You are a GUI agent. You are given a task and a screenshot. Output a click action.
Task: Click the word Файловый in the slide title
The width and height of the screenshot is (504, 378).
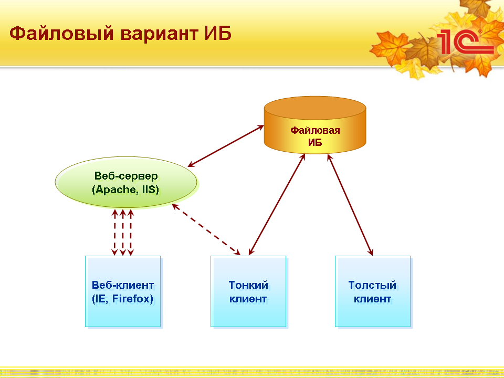[x=61, y=34]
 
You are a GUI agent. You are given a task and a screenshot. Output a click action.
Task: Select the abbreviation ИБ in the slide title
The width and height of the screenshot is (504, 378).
[x=218, y=33]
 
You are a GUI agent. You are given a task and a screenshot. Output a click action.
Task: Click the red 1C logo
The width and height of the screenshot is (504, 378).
[x=465, y=42]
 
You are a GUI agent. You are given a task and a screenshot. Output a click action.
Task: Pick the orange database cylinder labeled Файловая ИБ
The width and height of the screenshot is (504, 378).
[x=315, y=125]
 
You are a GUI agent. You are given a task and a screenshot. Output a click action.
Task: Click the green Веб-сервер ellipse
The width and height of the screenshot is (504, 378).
[x=126, y=182]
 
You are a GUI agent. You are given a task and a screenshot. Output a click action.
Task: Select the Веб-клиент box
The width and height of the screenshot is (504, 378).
[x=123, y=291]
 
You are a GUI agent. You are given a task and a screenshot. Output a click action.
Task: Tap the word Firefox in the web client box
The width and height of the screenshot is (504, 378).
[x=132, y=299]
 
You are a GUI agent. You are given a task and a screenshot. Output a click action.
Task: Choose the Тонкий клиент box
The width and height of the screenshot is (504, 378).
[x=248, y=291]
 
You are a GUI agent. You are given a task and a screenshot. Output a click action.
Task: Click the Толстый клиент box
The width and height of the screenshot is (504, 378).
[x=373, y=291]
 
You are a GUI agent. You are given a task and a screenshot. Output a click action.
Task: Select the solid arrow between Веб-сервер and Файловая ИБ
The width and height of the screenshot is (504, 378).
[x=226, y=146]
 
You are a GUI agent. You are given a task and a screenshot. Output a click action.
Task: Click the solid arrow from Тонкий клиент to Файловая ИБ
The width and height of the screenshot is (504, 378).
[x=277, y=204]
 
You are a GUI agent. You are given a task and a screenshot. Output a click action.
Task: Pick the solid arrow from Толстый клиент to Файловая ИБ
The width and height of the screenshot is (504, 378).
[x=350, y=205]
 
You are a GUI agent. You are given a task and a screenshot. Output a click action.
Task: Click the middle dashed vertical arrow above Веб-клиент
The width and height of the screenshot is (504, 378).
[x=123, y=233]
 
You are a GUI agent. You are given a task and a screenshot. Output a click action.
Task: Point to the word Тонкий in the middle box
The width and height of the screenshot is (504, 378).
[x=248, y=285]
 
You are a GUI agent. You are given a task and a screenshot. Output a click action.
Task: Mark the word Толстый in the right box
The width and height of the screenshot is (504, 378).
[x=373, y=285]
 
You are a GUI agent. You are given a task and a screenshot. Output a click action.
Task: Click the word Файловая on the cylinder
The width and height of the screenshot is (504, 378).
[x=315, y=130]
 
